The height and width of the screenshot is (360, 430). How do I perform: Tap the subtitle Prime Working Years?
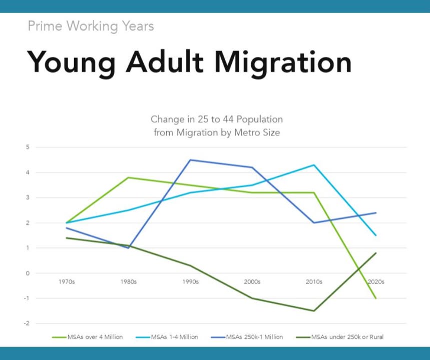[91, 26]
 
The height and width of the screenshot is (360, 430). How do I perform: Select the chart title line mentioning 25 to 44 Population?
[217, 119]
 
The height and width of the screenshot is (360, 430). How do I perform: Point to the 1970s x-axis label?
[67, 281]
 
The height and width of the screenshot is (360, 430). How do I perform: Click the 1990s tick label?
[190, 281]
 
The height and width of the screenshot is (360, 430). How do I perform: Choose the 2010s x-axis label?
[314, 281]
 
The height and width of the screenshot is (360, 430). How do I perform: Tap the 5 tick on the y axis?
[28, 147]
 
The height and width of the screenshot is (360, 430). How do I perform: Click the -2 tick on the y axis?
[27, 323]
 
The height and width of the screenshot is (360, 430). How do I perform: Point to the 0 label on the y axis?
[28, 273]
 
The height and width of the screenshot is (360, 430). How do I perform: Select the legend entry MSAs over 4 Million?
[88, 337]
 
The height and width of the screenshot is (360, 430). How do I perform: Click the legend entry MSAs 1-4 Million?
[167, 337]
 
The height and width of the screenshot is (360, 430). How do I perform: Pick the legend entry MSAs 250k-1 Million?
[247, 337]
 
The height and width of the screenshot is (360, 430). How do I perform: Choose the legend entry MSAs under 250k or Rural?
[340, 337]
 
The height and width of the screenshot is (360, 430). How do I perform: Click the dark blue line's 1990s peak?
[190, 160]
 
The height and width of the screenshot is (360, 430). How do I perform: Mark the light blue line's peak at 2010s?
[314, 165]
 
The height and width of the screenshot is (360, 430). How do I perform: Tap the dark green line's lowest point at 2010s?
[314, 310]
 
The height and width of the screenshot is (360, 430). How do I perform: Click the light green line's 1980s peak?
[128, 177]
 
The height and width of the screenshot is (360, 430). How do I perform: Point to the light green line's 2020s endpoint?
[376, 298]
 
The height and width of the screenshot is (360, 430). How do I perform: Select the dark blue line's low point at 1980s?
[128, 248]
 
